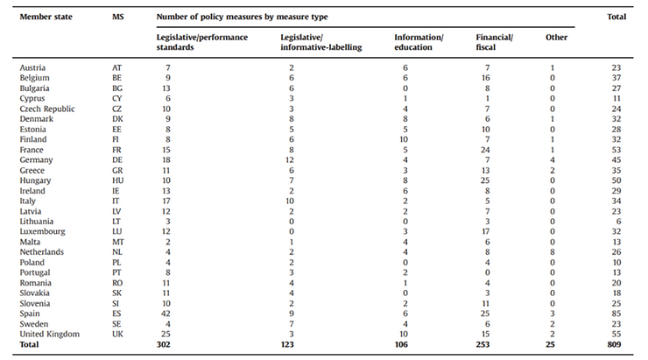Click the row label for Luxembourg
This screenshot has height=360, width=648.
click(43, 231)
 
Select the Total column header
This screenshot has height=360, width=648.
click(616, 17)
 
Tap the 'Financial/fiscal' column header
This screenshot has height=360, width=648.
click(494, 42)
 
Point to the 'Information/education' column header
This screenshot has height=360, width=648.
click(419, 42)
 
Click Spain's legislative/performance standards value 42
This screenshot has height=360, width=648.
click(166, 314)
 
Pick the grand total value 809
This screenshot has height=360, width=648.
click(614, 344)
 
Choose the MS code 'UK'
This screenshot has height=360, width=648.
click(118, 334)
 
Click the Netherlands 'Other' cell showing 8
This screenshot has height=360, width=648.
click(553, 252)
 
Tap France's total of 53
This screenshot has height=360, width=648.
click(616, 150)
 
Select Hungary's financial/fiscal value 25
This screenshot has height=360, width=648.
click(485, 180)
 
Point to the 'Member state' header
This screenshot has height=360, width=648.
click(46, 17)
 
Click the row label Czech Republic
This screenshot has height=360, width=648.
click(47, 109)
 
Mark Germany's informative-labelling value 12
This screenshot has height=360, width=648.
click(289, 160)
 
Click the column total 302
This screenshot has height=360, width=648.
click(163, 344)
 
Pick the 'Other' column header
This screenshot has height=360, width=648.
click(556, 37)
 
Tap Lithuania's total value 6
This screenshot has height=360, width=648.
click(618, 222)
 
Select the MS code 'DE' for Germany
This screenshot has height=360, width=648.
click(117, 160)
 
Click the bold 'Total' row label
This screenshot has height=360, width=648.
click(29, 344)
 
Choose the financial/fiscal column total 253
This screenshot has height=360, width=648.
click(482, 344)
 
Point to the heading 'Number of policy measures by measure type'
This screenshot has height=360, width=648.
click(242, 17)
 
